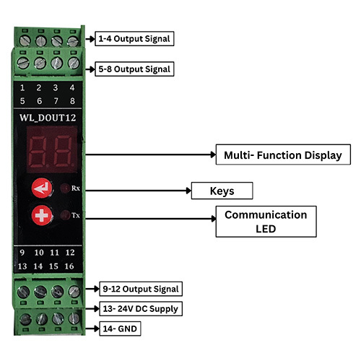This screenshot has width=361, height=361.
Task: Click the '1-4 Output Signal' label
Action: pyautogui.click(x=134, y=38)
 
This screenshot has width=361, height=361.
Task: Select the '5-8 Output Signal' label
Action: pyautogui.click(x=134, y=69)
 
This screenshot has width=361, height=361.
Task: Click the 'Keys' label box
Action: pyautogui.click(x=221, y=191)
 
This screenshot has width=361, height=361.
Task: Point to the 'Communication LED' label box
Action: pyautogui.click(x=266, y=222)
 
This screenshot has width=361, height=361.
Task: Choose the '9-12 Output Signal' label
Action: pyautogui.click(x=140, y=289)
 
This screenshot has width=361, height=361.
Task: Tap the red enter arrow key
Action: pyautogui.click(x=42, y=189)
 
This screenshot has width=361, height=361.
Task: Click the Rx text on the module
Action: pyautogui.click(x=76, y=189)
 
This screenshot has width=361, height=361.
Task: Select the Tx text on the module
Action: pyautogui.click(x=76, y=214)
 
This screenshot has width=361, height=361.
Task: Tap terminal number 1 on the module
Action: pyautogui.click(x=23, y=89)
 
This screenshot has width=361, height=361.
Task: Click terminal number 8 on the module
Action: pyautogui.click(x=71, y=101)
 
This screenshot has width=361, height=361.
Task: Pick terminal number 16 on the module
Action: pyautogui.click(x=70, y=266)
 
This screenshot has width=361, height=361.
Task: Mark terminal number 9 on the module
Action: pyautogui.click(x=23, y=253)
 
